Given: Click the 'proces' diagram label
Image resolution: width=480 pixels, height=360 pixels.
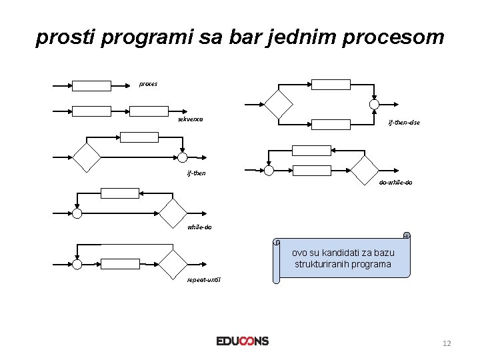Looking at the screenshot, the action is (148, 84).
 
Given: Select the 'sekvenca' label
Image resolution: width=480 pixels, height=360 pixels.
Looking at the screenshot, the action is (190, 119).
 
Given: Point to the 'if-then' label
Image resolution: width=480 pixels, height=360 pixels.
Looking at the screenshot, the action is (197, 173).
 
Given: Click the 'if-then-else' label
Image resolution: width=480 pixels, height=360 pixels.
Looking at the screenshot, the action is (404, 123).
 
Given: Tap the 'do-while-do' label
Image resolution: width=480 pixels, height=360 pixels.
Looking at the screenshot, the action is (395, 182).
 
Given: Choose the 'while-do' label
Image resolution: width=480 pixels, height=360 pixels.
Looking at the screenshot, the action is (199, 227).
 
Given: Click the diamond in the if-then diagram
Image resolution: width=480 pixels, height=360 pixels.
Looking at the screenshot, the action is (87, 157).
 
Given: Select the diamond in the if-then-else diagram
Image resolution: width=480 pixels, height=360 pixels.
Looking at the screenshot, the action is (278, 103).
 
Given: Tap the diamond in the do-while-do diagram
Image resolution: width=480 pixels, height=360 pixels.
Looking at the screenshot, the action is (365, 170).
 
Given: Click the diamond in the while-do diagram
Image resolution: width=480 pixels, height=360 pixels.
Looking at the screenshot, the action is (173, 213).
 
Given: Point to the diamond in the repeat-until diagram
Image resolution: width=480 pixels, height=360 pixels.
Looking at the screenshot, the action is (173, 264).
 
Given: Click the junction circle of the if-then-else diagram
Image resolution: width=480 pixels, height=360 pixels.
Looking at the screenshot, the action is (374, 104).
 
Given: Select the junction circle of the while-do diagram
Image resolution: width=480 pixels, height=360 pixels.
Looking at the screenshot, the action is (77, 213).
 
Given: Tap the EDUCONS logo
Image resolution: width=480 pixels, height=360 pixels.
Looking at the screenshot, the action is (243, 341).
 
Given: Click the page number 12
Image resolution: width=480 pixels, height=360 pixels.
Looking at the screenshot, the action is (447, 343).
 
